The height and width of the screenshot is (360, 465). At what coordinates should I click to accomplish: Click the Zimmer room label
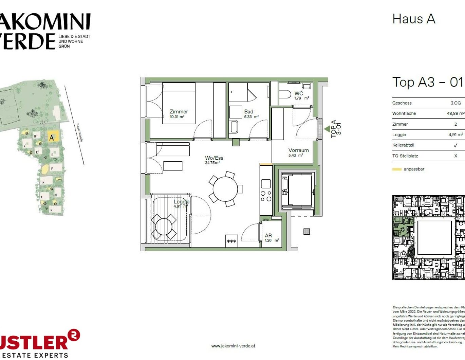click(179, 113)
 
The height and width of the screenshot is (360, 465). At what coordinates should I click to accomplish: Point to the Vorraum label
click(298, 152)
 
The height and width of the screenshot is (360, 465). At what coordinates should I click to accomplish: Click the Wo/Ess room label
click(214, 160)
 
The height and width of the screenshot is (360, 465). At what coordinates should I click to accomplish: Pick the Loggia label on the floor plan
click(181, 203)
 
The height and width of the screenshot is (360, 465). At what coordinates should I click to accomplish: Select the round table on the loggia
click(164, 227)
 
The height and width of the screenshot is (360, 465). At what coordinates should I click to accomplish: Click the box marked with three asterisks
click(231, 241)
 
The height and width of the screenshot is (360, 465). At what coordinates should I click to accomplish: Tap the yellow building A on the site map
click(53, 137)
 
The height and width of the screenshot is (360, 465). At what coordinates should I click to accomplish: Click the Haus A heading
click(413, 19)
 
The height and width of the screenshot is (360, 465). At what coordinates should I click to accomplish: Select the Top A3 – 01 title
click(427, 83)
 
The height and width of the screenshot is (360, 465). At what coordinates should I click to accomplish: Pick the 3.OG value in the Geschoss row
click(455, 103)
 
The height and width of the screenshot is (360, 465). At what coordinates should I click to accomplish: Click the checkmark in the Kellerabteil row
click(455, 145)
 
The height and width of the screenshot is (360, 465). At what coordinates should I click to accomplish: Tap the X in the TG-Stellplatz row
click(455, 156)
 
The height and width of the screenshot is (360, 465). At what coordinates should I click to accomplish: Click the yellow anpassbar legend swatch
click(396, 169)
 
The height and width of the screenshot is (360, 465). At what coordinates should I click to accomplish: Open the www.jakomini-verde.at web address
click(233, 346)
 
